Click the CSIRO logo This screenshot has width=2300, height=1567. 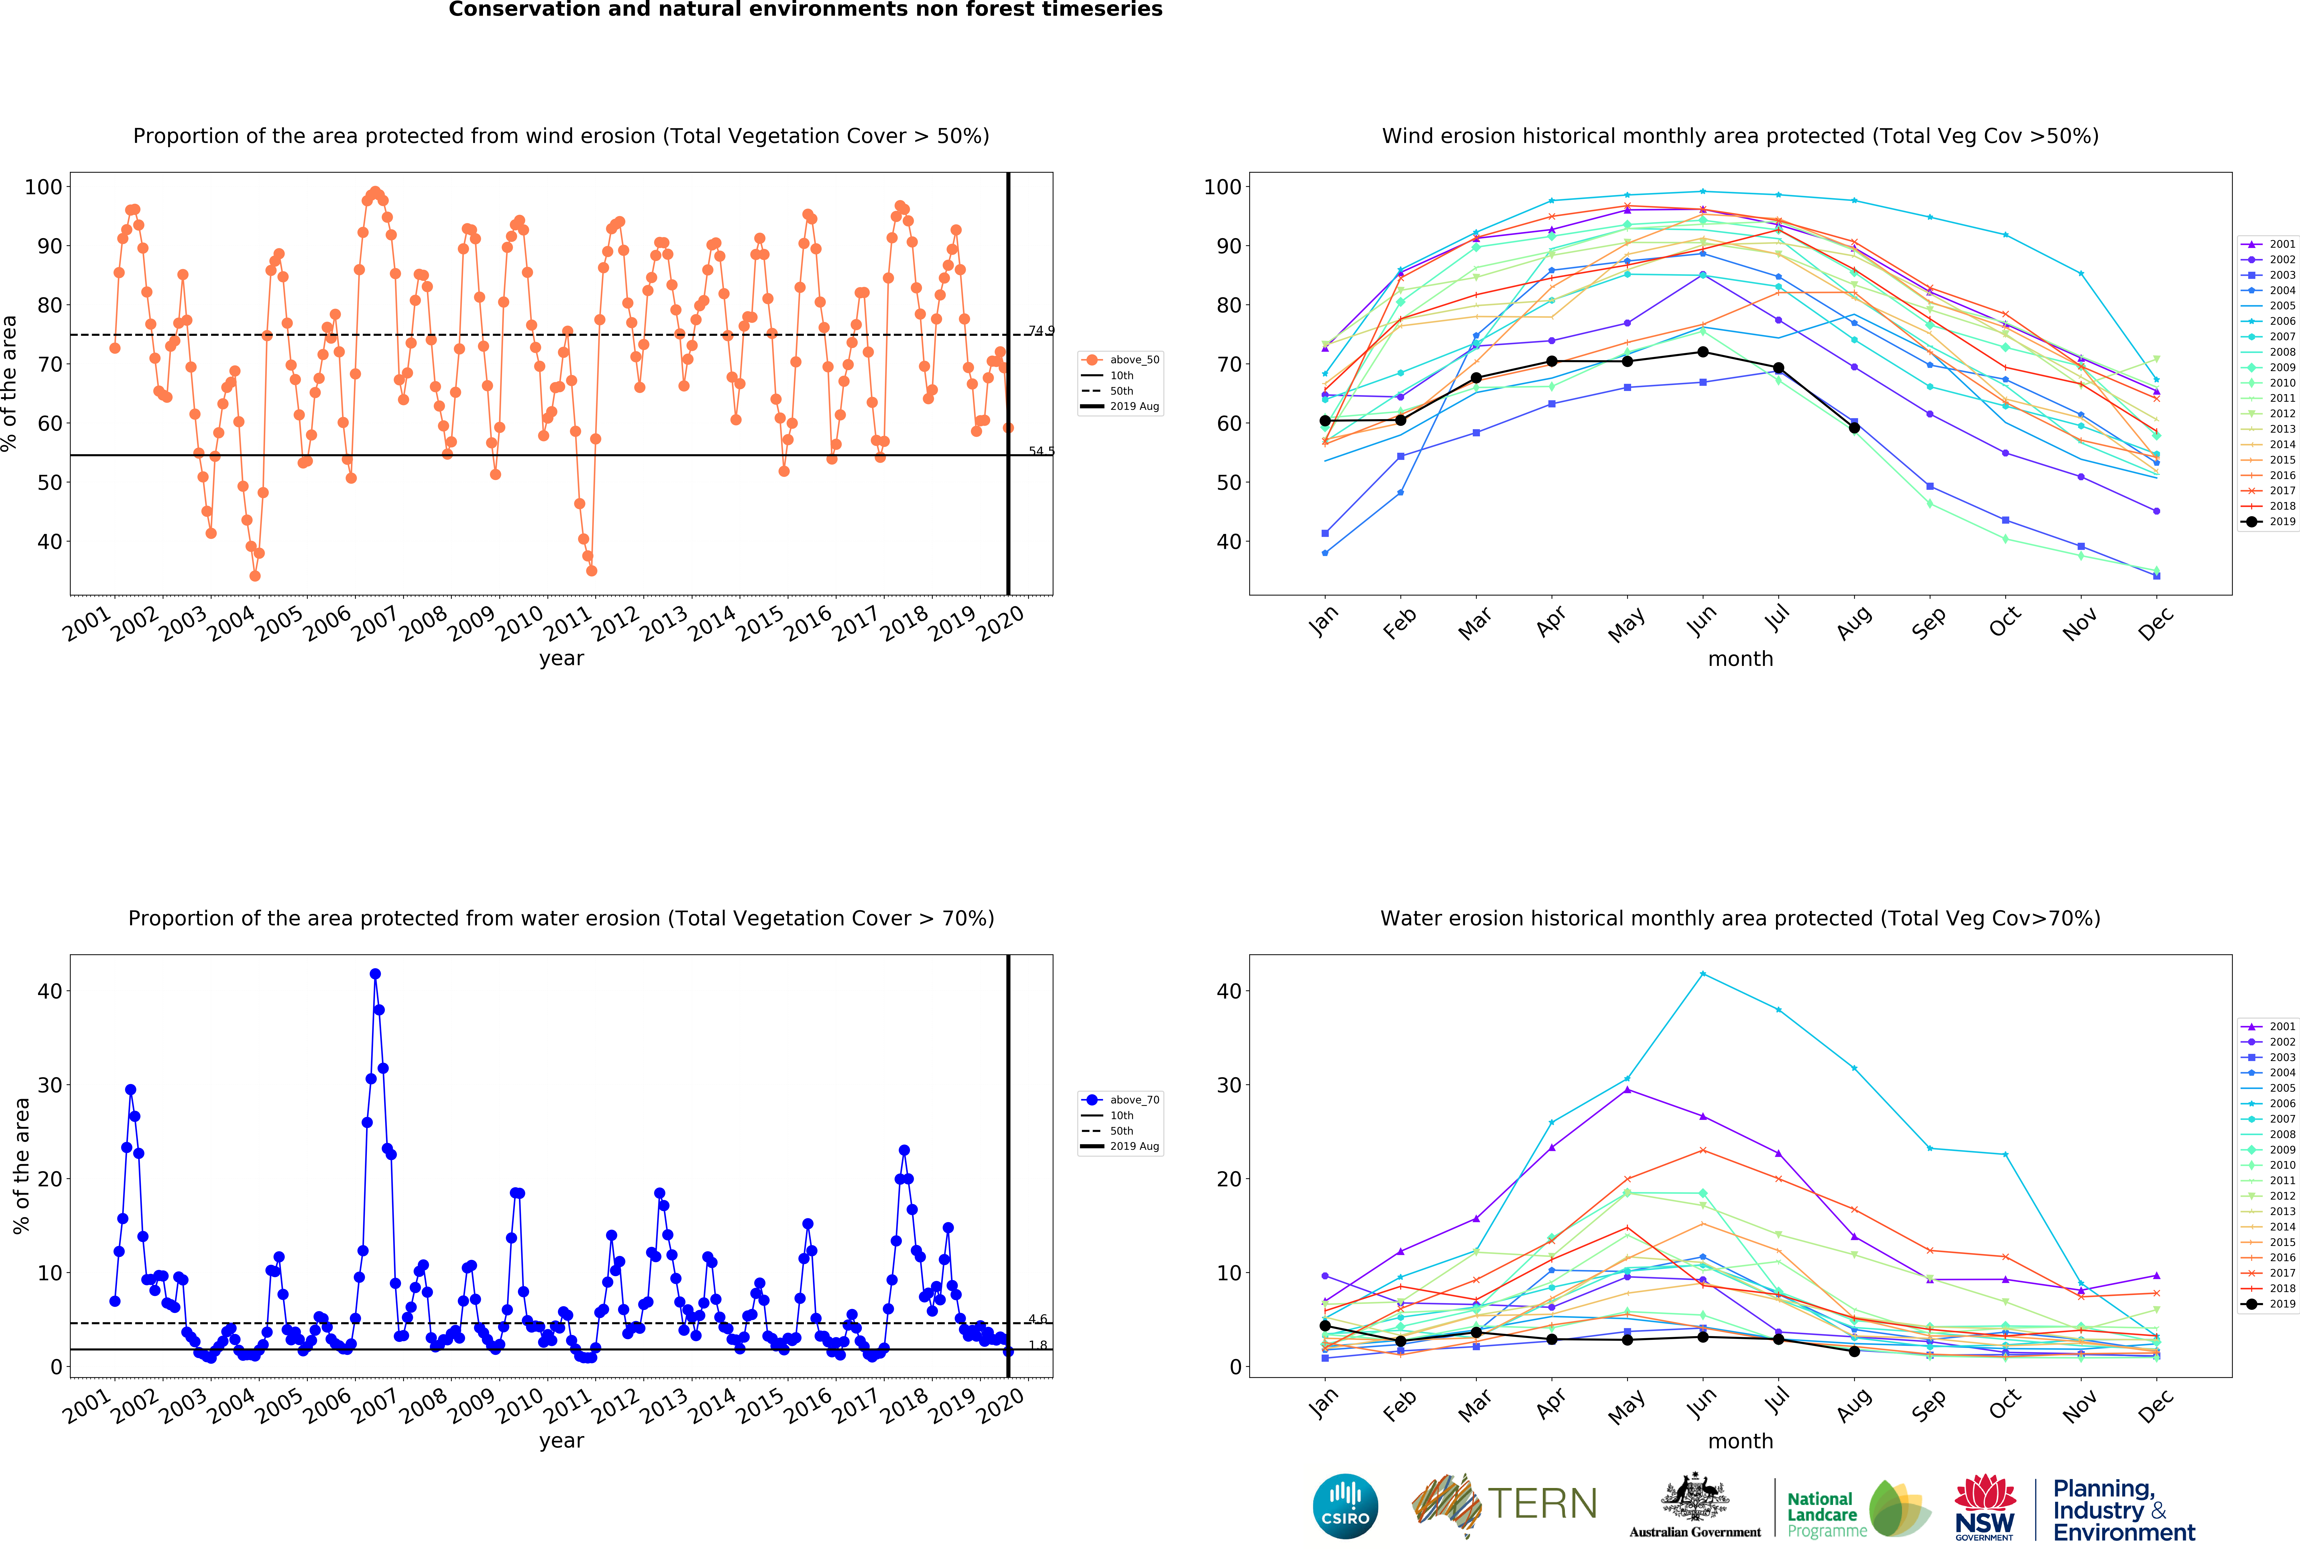pyautogui.click(x=1345, y=1507)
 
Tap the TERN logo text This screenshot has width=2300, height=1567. pyautogui.click(x=1542, y=1504)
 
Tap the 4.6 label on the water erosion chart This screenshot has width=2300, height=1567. pyautogui.click(x=1037, y=1319)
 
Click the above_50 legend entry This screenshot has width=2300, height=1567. pyautogui.click(x=1120, y=360)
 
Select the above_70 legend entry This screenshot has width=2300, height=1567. pyautogui.click(x=1120, y=1100)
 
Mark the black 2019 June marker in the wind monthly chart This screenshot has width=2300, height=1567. pyautogui.click(x=1702, y=352)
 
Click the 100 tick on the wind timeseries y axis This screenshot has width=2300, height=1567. pyautogui.click(x=43, y=187)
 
